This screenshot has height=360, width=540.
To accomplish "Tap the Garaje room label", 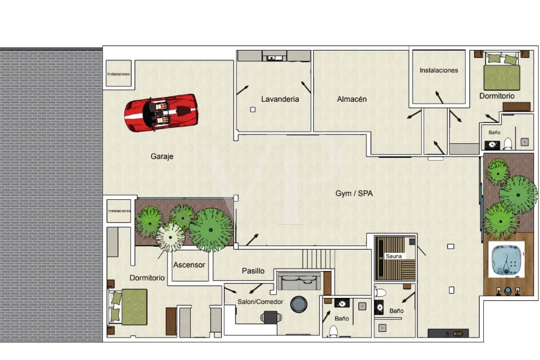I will click(162, 157).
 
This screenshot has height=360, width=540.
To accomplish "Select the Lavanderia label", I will click(280, 99).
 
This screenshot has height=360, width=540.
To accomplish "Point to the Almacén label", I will click(352, 99).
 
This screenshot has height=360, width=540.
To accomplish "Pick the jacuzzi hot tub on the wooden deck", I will click(506, 259).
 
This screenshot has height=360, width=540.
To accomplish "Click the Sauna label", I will click(394, 256).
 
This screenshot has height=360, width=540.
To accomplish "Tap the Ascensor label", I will click(189, 266).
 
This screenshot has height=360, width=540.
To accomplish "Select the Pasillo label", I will click(253, 271).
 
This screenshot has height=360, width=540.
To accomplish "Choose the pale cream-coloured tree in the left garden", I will click(170, 237).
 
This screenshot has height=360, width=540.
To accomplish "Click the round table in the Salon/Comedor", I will click(299, 303).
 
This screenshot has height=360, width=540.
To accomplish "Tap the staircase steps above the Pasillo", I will click(319, 258).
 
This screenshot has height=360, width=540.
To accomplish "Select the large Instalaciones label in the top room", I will click(438, 71).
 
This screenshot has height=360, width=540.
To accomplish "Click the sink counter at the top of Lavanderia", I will click(274, 56).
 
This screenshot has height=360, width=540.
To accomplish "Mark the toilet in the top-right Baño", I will click(507, 144).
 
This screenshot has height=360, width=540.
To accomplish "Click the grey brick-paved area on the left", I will click(51, 195).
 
